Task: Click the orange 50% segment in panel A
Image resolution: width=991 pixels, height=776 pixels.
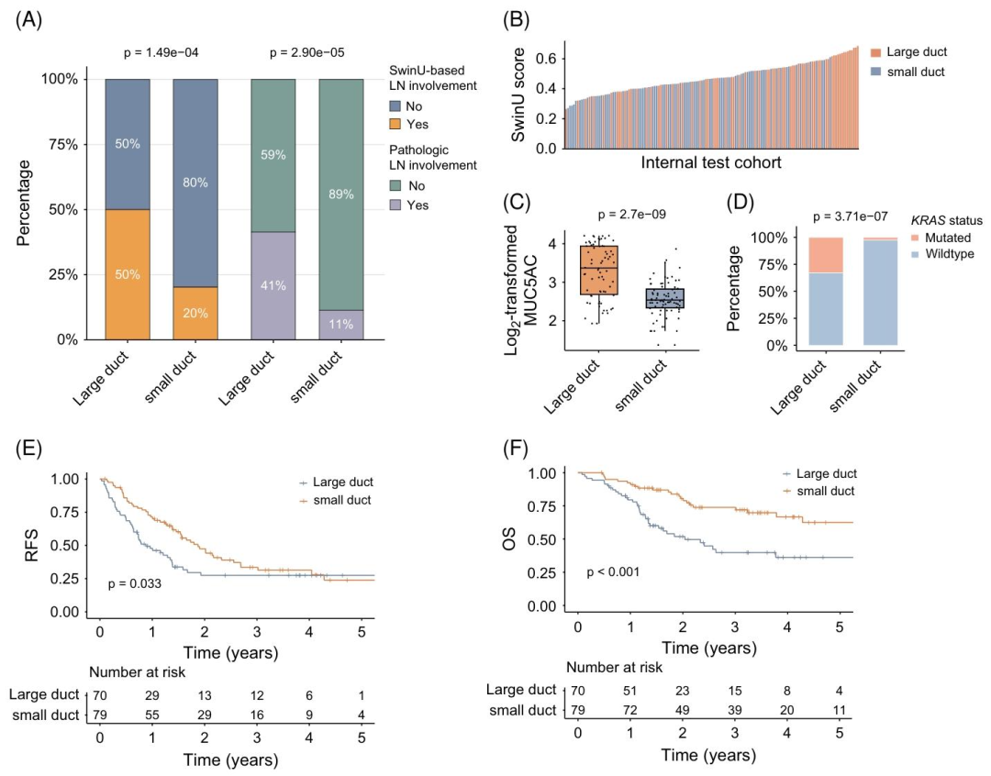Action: point(127,274)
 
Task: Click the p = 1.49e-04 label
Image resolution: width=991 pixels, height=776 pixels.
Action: point(162,52)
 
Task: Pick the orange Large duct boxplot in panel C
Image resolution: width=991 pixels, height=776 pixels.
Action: point(598,270)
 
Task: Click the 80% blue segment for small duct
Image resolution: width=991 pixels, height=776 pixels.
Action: point(195,183)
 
